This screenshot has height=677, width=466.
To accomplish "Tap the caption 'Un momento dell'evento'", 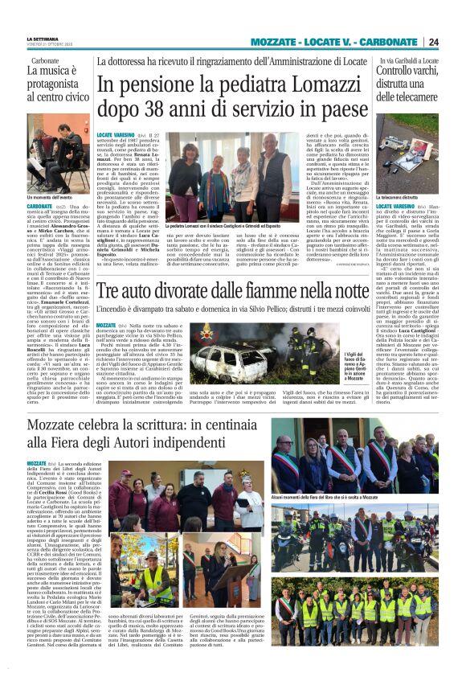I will pyautogui.click(x=50, y=197).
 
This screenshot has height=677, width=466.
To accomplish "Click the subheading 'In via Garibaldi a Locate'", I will pyautogui.click(x=407, y=60).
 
